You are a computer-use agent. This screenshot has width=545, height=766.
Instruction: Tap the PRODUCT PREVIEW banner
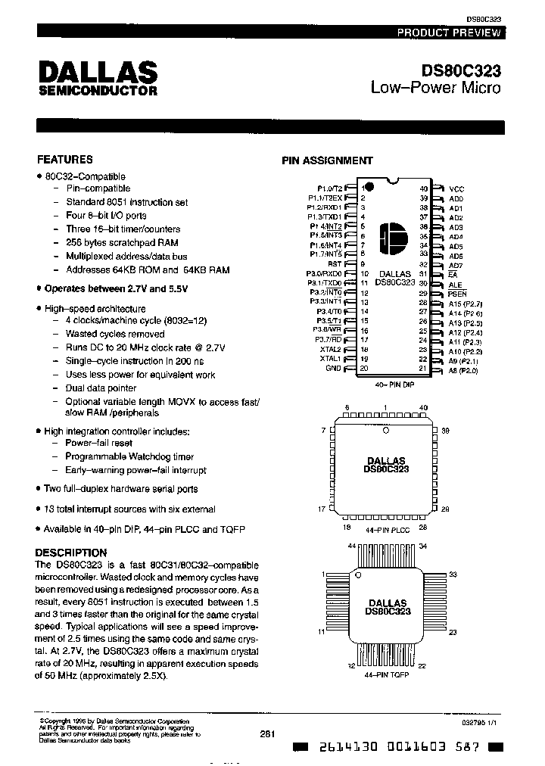tap(449, 33)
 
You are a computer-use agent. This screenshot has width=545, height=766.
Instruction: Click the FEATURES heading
tap(65, 160)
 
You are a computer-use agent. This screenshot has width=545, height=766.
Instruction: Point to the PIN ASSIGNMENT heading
tap(327, 160)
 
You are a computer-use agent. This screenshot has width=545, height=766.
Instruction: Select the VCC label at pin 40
tap(456, 188)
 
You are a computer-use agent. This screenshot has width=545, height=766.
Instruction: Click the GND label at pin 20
tap(333, 369)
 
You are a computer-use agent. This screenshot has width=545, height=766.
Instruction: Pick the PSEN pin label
tap(457, 293)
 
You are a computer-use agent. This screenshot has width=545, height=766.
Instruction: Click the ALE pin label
tap(455, 284)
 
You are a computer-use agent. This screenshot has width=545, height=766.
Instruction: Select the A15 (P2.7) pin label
tap(465, 303)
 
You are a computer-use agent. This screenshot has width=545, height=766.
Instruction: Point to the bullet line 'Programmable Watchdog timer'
tap(129, 456)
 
